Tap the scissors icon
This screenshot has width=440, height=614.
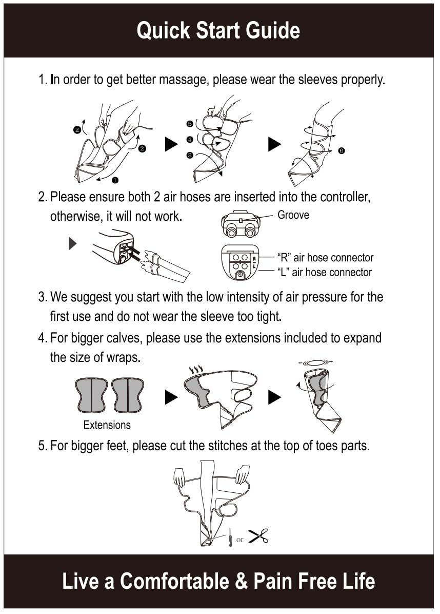click(258, 536)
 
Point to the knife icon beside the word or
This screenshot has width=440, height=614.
click(230, 537)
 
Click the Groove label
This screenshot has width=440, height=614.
click(293, 215)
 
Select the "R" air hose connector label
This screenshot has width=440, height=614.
click(326, 258)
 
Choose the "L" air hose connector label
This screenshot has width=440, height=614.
click(325, 272)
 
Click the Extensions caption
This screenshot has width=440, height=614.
click(107, 425)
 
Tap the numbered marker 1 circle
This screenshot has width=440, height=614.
click(115, 180)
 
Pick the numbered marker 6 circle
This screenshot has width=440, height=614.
click(342, 151)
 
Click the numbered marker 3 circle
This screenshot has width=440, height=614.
click(190, 155)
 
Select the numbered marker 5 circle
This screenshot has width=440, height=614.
click(190, 124)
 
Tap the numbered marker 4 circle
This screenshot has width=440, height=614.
click(190, 140)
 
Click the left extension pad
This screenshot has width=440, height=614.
click(91, 395)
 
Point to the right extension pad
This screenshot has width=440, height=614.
click(128, 395)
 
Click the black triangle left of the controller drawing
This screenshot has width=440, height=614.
click(72, 243)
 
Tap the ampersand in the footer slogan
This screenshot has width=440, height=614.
click(241, 581)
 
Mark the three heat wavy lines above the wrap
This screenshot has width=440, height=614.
click(196, 369)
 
